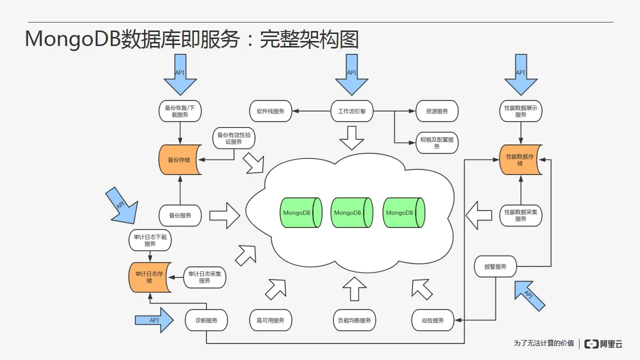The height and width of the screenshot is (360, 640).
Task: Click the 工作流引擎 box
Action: tap(351, 111)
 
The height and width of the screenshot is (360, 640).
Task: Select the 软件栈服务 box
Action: tap(270, 111)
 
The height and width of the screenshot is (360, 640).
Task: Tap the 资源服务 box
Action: tap(437, 111)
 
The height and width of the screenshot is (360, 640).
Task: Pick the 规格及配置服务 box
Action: tap(437, 142)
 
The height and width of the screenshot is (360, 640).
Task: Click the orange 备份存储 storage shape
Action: tap(180, 159)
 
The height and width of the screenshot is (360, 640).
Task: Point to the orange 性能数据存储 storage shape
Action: tap(520, 159)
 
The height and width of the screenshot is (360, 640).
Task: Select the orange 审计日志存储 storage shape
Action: tap(150, 277)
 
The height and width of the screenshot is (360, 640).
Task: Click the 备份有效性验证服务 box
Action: tap(233, 138)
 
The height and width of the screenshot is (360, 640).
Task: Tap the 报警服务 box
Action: tap(495, 266)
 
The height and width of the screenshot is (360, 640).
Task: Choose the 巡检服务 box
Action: tap(432, 320)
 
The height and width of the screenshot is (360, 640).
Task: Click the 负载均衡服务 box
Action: tap(354, 320)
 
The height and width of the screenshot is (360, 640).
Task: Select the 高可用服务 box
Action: tap(270, 320)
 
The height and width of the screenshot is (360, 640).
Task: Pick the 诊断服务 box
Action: tap(206, 320)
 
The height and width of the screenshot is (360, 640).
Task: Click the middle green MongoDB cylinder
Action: tap(351, 212)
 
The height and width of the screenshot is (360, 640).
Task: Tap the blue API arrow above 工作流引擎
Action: tap(351, 74)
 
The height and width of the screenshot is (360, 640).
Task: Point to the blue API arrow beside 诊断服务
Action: tap(154, 320)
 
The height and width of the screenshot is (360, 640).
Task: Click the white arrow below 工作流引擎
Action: tap(351, 138)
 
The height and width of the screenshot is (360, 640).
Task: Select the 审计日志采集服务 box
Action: tap(204, 277)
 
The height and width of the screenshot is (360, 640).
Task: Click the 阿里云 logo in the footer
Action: tap(603, 343)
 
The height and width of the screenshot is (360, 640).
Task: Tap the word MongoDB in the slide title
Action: tap(73, 39)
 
